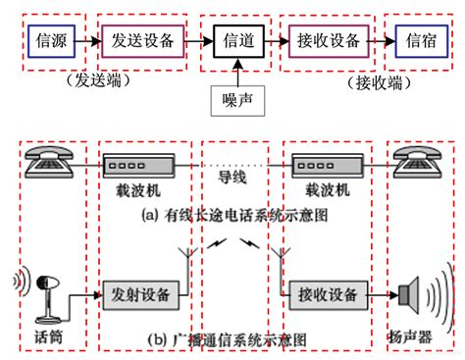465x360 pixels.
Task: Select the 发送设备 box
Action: (137, 42)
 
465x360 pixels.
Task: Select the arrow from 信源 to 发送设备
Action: (87, 42)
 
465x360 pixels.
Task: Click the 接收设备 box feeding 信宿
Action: (327, 42)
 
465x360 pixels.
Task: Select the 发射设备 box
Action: (138, 292)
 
